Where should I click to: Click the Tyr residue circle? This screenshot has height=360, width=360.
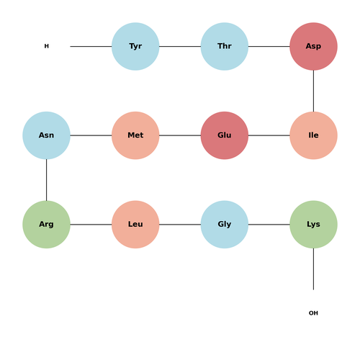point(135,46)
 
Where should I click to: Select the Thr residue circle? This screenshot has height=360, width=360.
point(225,46)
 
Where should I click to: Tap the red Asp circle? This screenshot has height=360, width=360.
point(313,46)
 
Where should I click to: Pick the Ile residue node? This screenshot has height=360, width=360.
point(313,135)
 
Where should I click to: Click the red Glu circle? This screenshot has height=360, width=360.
point(225,135)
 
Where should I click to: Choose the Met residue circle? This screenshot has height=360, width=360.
point(135,135)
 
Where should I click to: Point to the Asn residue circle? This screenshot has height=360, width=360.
point(46,135)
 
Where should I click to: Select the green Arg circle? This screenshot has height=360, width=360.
point(46,225)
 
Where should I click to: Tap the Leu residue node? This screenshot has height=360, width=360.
point(135,225)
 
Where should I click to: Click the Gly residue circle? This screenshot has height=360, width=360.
point(225,225)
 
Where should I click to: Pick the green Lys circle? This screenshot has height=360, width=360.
point(313,225)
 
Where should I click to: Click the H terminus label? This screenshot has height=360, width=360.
point(47,46)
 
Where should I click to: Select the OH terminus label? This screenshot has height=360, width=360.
point(313,313)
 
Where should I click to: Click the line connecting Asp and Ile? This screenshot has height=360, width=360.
point(313,91)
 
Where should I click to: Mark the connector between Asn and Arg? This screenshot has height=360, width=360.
point(46,180)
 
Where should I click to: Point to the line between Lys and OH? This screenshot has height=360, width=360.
point(313,269)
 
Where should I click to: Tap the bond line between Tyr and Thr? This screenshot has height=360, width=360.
point(180,46)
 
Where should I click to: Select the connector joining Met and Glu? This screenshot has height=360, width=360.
point(180,135)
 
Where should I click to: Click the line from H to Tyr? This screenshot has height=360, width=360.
point(91,46)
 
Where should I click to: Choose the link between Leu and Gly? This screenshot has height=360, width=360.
point(180,225)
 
